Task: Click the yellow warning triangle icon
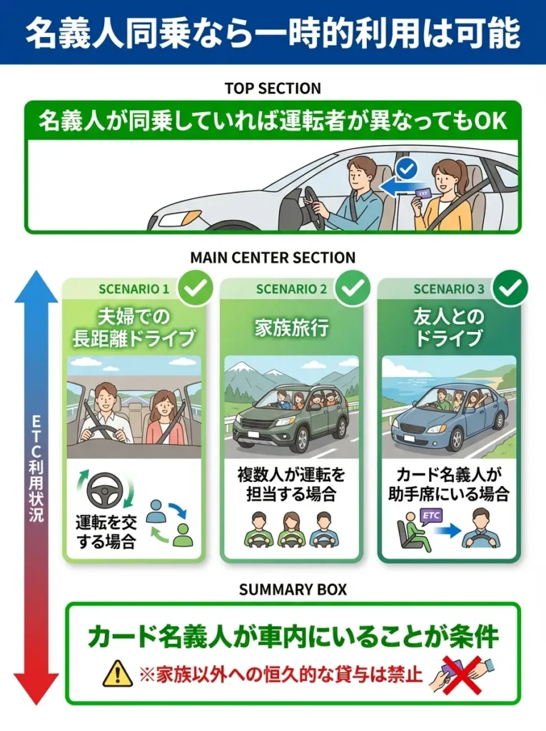[x=117, y=673]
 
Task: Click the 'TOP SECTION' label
[x=273, y=89]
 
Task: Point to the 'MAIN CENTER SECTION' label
[x=273, y=258]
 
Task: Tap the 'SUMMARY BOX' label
[x=273, y=590]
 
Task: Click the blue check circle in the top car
[x=406, y=169]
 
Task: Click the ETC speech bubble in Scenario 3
[x=430, y=515]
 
